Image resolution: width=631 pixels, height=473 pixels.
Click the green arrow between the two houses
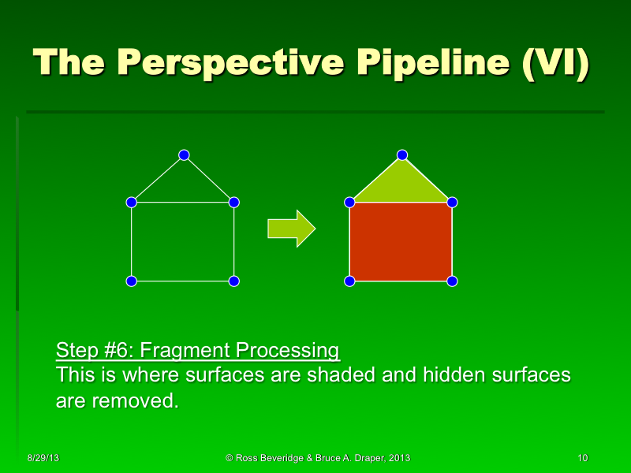291,229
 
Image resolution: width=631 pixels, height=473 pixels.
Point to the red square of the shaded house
401,242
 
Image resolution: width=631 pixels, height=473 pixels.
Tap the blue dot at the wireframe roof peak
184,155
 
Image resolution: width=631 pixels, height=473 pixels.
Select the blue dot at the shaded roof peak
401,155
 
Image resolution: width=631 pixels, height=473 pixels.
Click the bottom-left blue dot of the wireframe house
132,281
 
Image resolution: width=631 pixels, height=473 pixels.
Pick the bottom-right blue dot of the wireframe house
234,281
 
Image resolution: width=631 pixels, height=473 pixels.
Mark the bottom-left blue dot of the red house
349,281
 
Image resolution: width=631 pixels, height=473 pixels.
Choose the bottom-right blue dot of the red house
452,281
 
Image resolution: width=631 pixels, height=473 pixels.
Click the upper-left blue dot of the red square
349,203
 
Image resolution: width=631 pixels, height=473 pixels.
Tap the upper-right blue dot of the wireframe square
234,203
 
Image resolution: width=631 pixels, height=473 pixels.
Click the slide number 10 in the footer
583,458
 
